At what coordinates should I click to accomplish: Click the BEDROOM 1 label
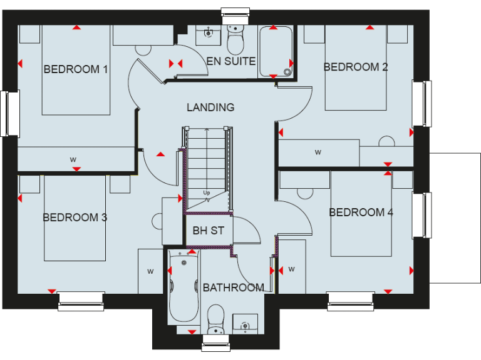click(x=76, y=69)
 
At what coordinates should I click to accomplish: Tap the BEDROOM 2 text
click(x=355, y=67)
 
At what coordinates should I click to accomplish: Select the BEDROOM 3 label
click(x=75, y=217)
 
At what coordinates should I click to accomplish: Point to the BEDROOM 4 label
click(x=361, y=212)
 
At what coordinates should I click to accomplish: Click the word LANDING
click(x=210, y=107)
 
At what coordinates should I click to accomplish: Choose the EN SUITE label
click(x=231, y=61)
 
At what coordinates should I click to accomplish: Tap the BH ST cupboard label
click(x=208, y=231)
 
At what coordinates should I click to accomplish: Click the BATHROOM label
click(x=233, y=287)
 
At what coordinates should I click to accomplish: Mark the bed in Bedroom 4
click(x=361, y=212)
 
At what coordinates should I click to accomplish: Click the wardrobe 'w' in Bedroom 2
click(x=318, y=152)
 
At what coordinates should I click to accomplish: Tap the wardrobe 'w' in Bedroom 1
click(x=74, y=159)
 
